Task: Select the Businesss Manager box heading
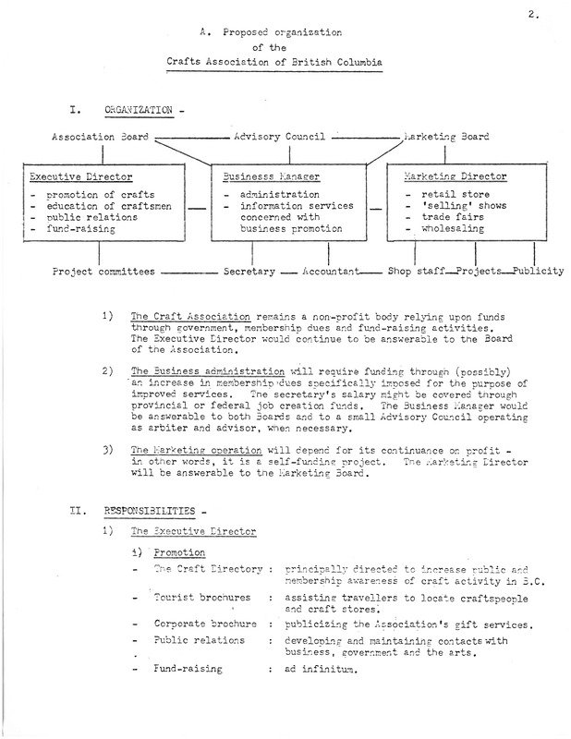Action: pyautogui.click(x=261, y=175)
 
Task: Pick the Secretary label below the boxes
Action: pyautogui.click(x=248, y=273)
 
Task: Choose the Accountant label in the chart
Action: pyautogui.click(x=338, y=273)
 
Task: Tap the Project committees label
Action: pyautogui.click(x=102, y=273)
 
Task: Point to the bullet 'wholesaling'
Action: pyautogui.click(x=448, y=229)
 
